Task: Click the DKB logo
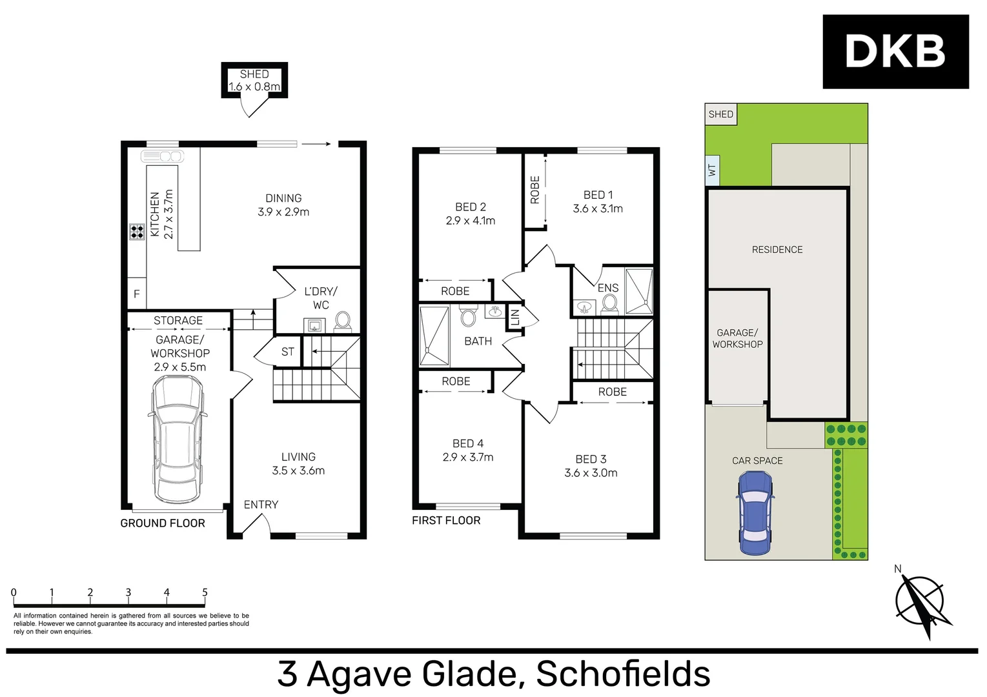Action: tap(895, 52)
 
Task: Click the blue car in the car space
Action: tap(755, 513)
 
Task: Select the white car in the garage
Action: tap(178, 439)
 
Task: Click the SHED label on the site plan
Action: tap(720, 114)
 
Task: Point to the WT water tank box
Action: tap(712, 170)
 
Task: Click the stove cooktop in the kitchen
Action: tap(137, 232)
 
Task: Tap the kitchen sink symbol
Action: tap(163, 156)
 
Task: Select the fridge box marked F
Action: tap(137, 294)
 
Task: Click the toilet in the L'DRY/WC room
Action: tap(343, 320)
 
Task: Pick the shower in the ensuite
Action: tap(639, 291)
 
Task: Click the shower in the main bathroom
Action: tap(434, 336)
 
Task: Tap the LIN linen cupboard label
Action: tap(515, 318)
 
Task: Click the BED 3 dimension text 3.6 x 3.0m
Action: tap(591, 473)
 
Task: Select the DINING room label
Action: tap(283, 198)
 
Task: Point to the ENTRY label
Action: tap(261, 505)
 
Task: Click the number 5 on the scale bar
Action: tap(205, 592)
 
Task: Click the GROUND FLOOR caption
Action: tap(163, 523)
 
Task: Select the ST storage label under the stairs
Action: tap(288, 352)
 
